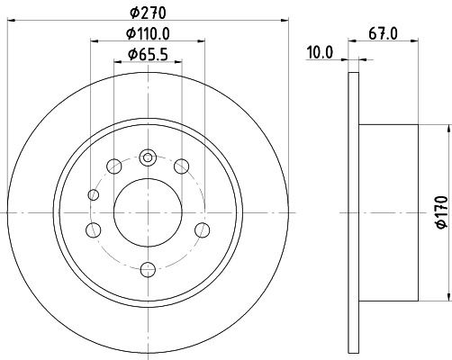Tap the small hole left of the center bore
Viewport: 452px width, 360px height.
click(94, 195)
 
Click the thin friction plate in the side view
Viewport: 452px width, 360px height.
click(352, 212)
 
